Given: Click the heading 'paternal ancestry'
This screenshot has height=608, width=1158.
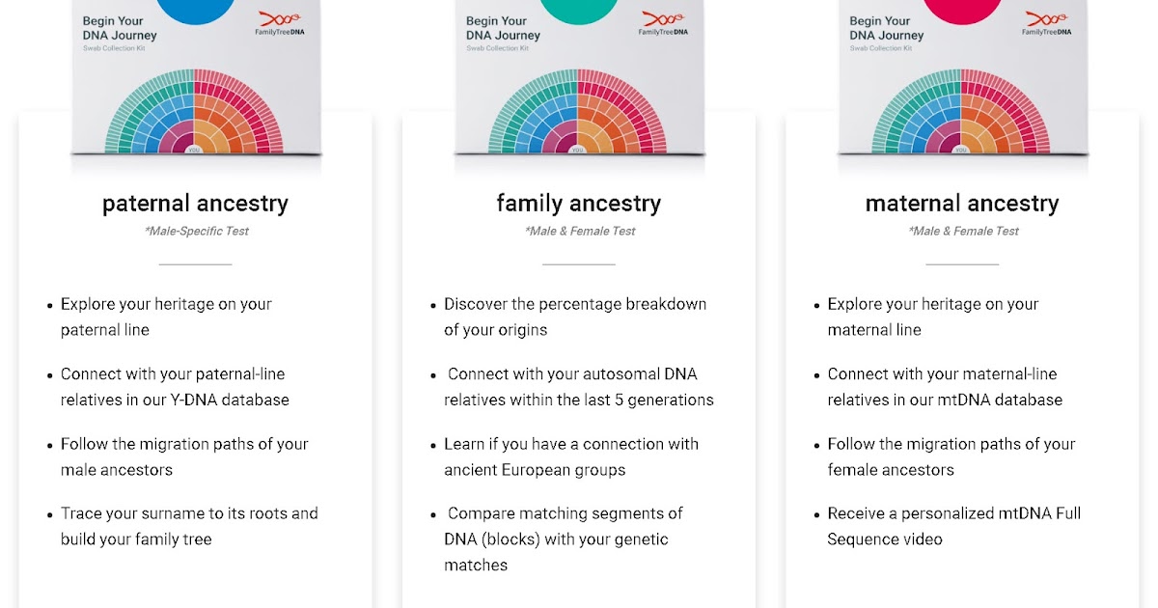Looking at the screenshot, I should click(x=195, y=204).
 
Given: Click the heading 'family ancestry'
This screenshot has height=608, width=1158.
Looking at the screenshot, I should click(x=578, y=204).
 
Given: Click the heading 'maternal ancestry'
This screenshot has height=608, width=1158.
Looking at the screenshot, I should click(x=962, y=204).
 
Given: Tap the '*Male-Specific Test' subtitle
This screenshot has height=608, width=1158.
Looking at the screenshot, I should click(x=195, y=232).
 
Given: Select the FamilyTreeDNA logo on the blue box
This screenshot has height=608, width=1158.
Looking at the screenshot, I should click(x=277, y=24).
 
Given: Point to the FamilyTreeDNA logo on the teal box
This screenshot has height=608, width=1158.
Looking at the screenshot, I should click(x=661, y=24).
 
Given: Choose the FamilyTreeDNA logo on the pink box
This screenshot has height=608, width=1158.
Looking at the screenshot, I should click(x=1045, y=24).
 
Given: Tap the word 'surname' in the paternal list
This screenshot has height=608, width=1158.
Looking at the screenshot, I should click(x=168, y=513).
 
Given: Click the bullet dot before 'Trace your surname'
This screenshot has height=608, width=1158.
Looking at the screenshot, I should click(x=50, y=514).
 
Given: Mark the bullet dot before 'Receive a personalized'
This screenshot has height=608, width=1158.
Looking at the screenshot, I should click(x=816, y=514).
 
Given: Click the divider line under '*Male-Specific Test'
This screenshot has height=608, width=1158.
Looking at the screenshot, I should click(x=195, y=263).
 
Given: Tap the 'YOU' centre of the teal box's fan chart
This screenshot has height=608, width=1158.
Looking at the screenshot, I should click(x=578, y=150).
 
